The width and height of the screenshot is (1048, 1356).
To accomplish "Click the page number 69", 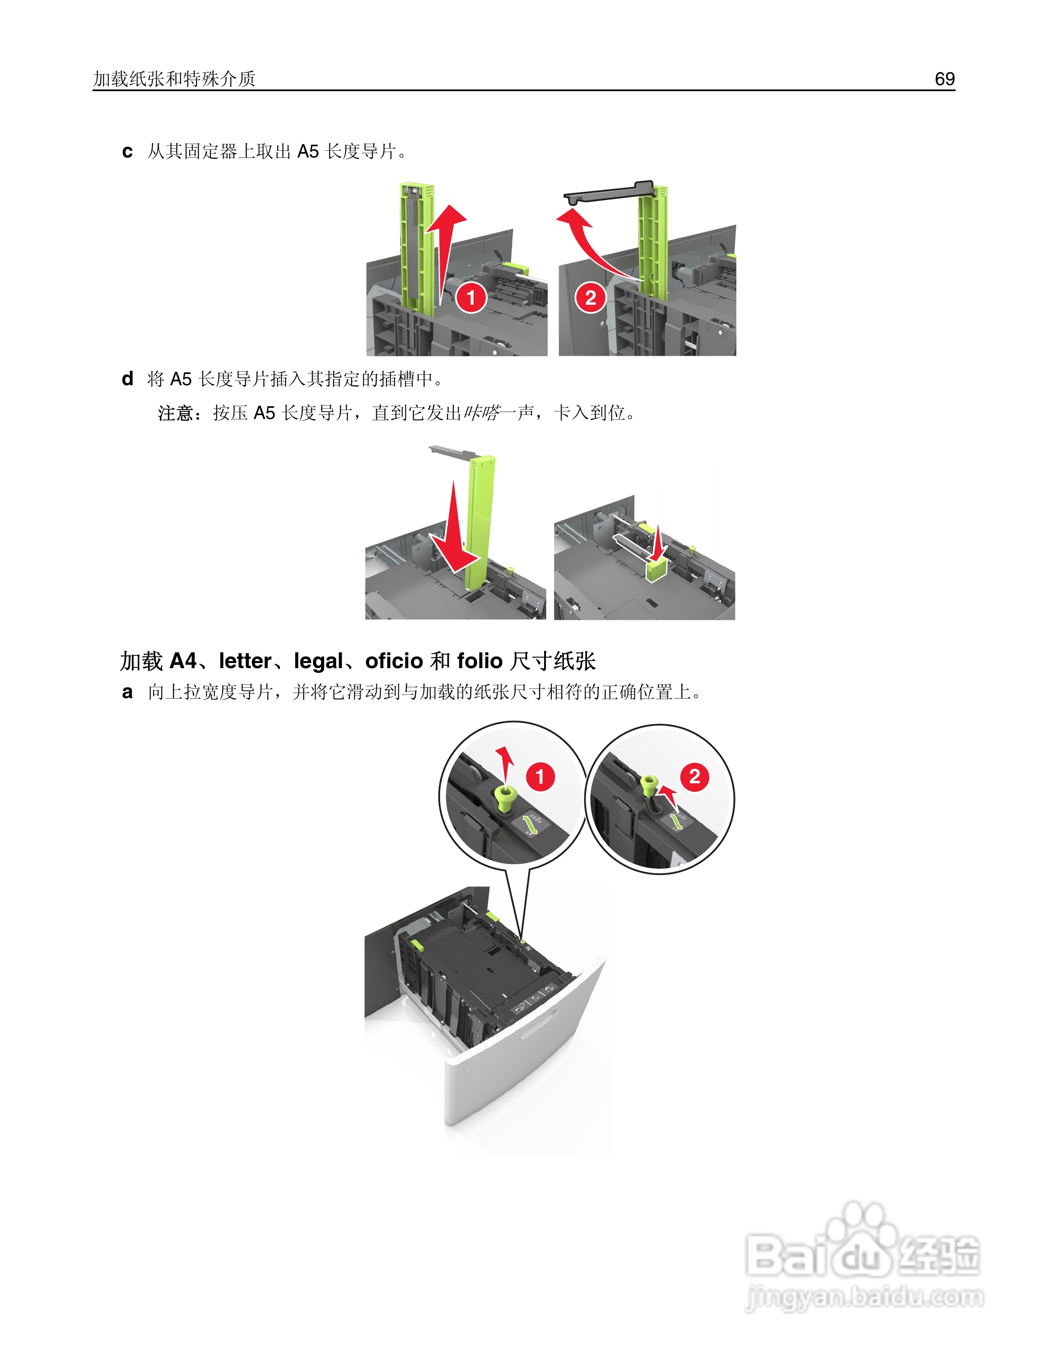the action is pyautogui.click(x=944, y=79).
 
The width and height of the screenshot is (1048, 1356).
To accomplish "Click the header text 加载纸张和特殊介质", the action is pyautogui.click(x=175, y=79).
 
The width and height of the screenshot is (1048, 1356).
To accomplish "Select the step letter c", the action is pyautogui.click(x=127, y=152).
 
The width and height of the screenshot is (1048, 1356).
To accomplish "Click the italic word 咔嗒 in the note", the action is pyautogui.click(x=481, y=413).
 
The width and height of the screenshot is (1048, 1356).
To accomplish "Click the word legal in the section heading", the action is pyautogui.click(x=319, y=662).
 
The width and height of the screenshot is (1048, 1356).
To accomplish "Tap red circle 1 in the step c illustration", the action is pyautogui.click(x=471, y=297).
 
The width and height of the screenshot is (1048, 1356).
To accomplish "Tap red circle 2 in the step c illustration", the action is pyautogui.click(x=590, y=297).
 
